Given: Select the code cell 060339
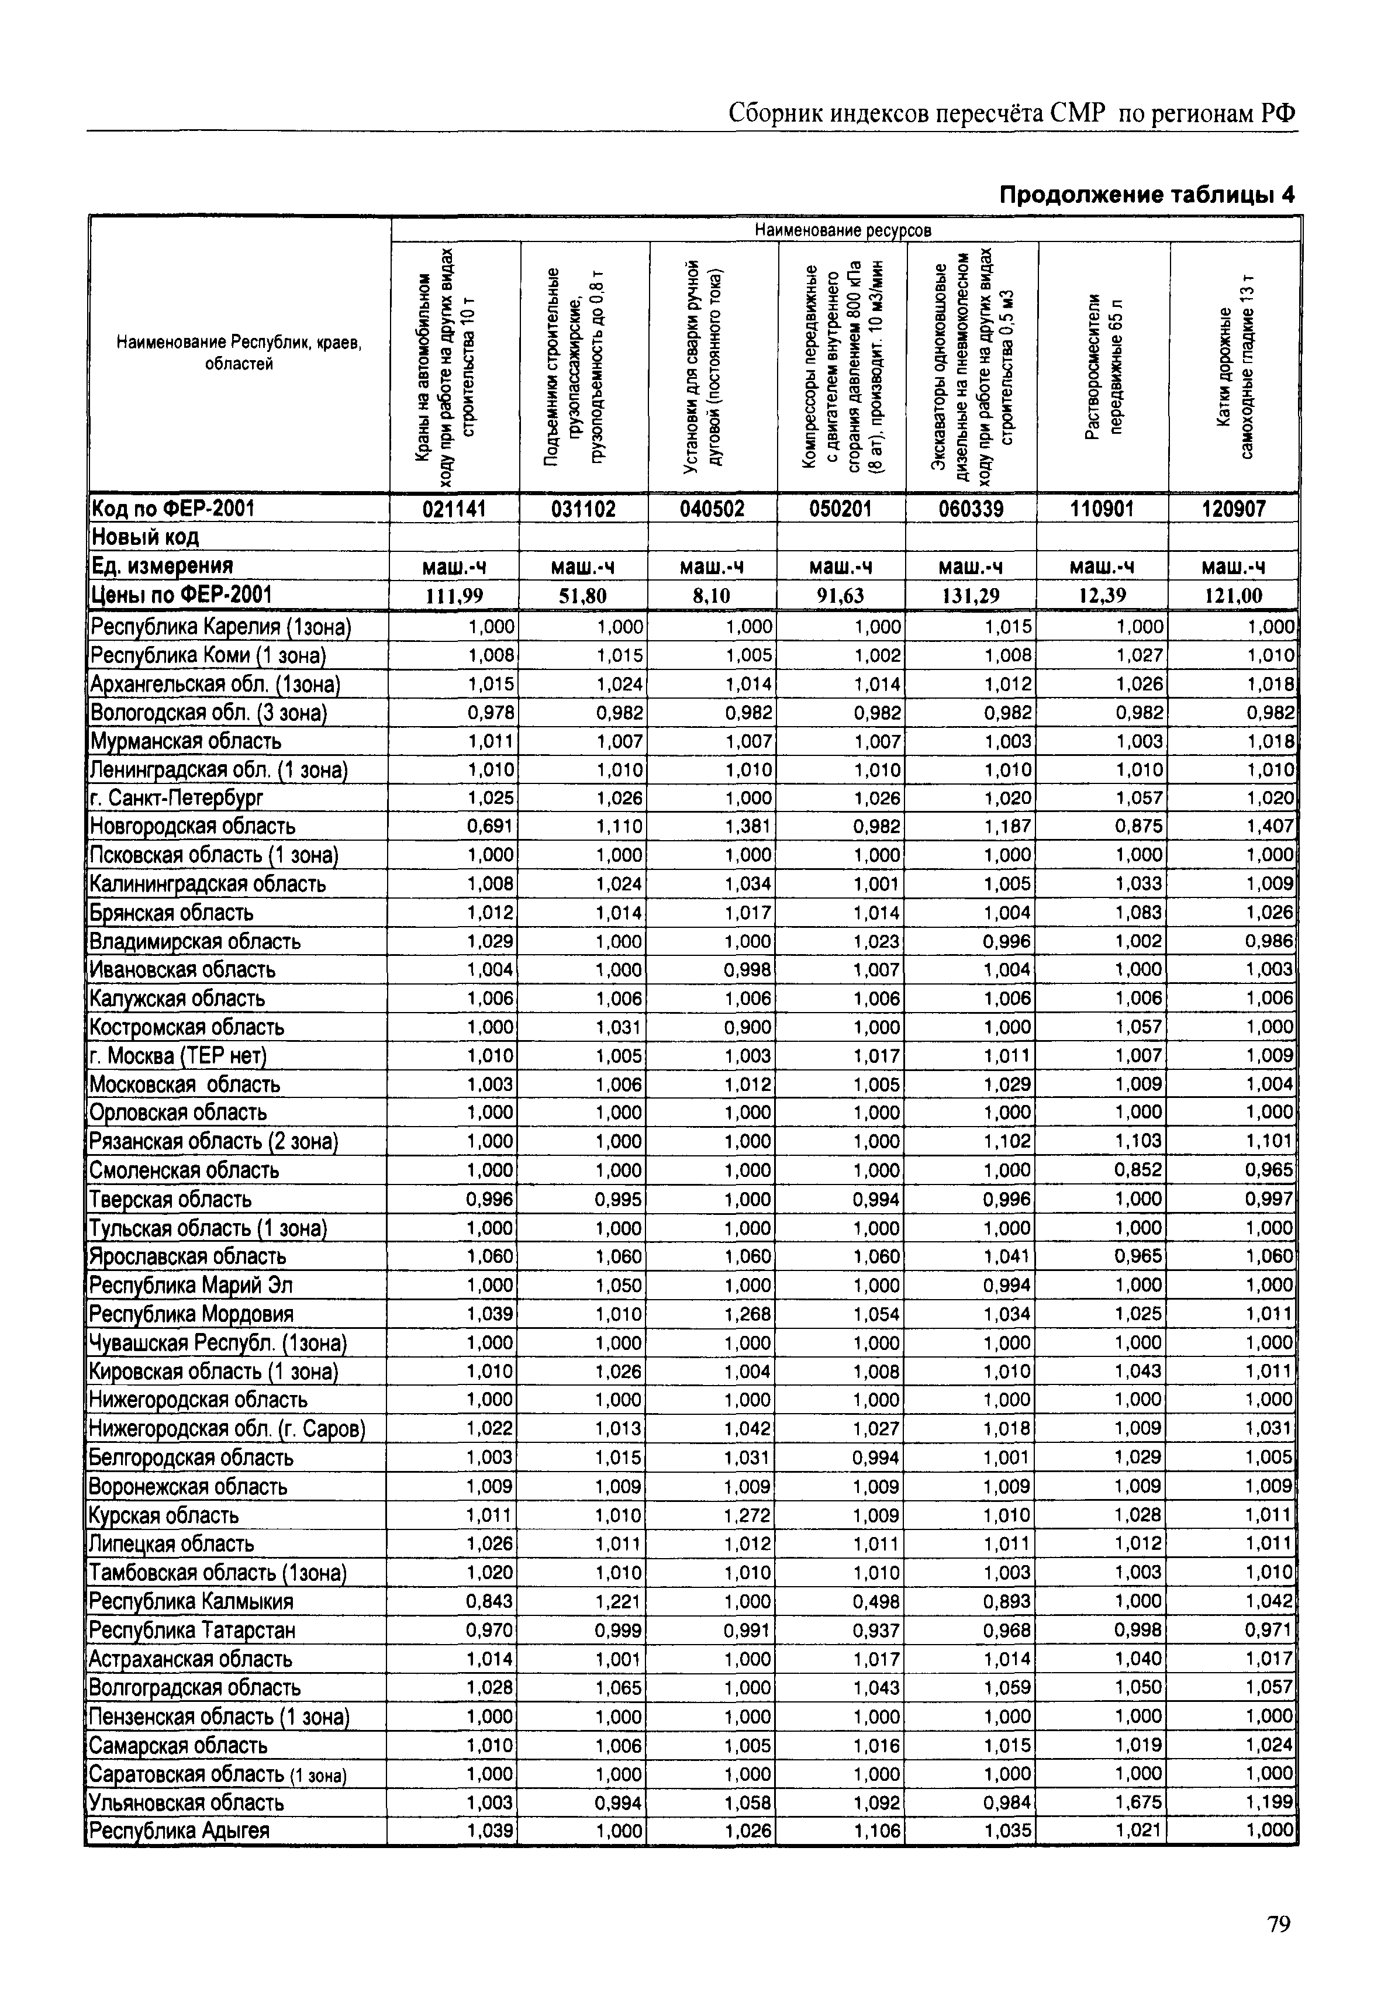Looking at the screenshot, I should [971, 509].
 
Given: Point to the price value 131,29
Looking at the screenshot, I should [971, 595].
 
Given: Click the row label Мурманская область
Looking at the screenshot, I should [186, 741].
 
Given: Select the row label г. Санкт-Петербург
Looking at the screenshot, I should [177, 797].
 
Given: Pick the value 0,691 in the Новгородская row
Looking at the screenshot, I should [491, 826].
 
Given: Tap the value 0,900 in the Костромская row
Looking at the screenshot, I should [748, 1027].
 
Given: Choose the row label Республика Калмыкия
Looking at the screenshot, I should [192, 1601].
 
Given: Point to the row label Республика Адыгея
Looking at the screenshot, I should [180, 1831].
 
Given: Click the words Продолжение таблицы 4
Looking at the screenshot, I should [1147, 195].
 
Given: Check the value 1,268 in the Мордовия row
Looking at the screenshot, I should [748, 1314].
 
